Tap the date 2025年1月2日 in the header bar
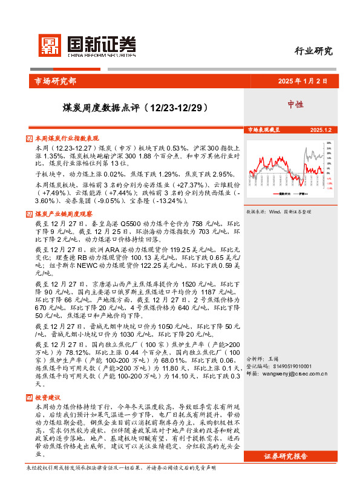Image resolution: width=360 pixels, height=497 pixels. (x=302, y=82)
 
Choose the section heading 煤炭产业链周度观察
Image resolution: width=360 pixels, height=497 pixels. (x=64, y=213)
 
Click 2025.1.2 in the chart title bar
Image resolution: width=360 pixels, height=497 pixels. (x=319, y=130)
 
